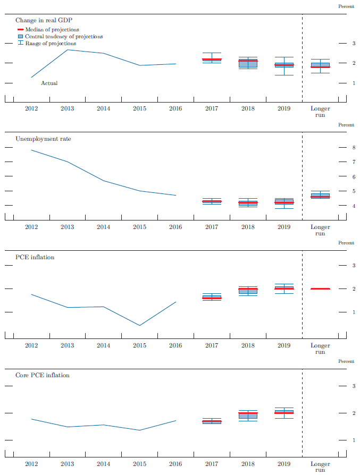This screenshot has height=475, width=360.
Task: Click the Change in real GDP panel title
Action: [44, 20]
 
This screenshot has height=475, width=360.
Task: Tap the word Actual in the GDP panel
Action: [49, 83]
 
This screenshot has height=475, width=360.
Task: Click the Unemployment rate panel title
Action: [43, 139]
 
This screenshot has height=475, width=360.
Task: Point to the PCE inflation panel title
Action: [35, 257]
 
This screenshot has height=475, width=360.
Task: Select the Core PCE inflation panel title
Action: [42, 375]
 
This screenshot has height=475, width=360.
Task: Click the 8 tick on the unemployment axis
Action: [354, 147]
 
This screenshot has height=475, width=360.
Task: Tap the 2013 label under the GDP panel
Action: [67, 108]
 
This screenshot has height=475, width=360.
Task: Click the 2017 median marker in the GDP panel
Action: [212, 60]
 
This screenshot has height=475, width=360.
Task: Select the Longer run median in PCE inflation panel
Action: [320, 289]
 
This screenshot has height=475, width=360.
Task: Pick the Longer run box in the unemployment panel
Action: [320, 196]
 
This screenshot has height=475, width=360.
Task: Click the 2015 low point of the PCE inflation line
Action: [139, 325]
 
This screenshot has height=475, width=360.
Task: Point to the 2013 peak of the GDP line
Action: [67, 49]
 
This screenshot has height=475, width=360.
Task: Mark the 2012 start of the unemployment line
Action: [31, 150]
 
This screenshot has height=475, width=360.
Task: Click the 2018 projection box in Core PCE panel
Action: [248, 415]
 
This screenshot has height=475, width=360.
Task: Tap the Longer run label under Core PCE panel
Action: [320, 466]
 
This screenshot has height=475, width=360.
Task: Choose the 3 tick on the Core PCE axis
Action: [354, 386]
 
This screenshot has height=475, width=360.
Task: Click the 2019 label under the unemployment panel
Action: [284, 227]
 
